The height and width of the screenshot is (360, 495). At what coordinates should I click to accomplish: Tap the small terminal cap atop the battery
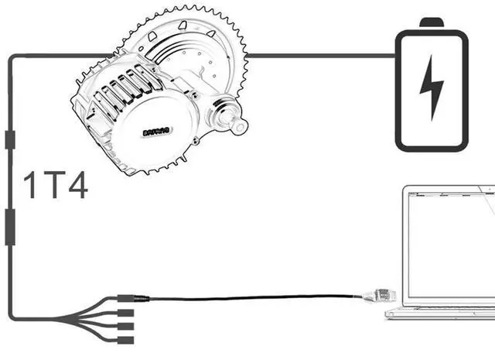432,22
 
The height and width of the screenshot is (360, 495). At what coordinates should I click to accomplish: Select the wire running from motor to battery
325,55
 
